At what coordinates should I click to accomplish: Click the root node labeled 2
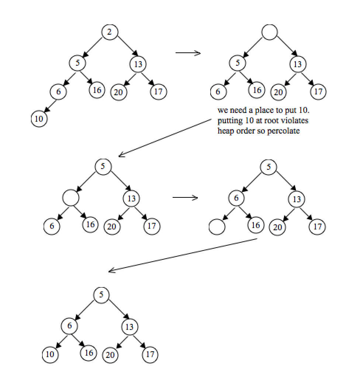click(x=109, y=32)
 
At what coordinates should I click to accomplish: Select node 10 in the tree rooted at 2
click(x=39, y=119)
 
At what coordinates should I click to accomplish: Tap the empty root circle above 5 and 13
click(x=269, y=32)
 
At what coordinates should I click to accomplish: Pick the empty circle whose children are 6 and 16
click(x=71, y=198)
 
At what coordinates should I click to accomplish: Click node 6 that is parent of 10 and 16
click(x=69, y=326)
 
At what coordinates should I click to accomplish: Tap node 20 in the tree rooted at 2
click(x=118, y=92)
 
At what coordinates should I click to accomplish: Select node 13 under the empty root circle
click(x=297, y=64)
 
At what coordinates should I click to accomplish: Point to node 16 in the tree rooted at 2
click(x=97, y=90)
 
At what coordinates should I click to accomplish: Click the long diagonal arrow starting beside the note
click(x=166, y=137)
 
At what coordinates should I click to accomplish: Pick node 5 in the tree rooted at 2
click(x=77, y=63)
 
